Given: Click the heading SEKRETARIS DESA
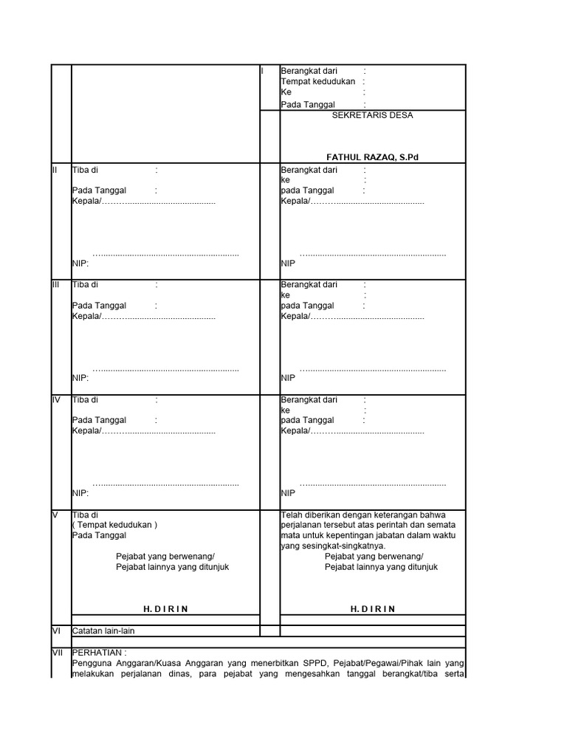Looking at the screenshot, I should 373,115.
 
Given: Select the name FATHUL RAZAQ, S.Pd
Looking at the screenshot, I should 373,157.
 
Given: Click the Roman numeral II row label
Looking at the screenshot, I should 55,170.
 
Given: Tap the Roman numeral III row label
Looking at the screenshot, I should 55,284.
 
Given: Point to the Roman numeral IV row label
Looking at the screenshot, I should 56,400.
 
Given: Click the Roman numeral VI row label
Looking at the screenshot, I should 55,630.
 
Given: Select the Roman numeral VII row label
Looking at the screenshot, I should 56,653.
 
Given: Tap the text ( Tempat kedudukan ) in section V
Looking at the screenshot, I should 114,525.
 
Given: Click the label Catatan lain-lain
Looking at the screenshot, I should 103,630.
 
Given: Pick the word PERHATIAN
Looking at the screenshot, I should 99,653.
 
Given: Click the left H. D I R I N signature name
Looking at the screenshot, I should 165,608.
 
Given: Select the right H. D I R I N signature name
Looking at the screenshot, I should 373,608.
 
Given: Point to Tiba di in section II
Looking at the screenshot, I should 85,170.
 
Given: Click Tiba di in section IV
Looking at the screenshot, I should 85,400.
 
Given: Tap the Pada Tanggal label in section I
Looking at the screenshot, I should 308,105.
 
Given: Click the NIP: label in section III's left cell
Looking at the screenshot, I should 80,377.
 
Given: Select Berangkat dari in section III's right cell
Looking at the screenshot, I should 309,284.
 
